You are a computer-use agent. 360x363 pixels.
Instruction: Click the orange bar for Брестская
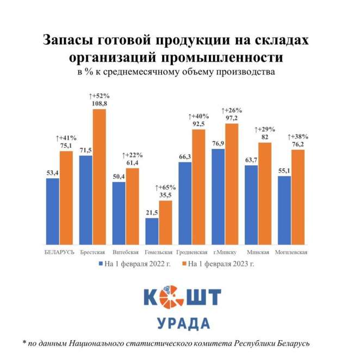click(x=99, y=177)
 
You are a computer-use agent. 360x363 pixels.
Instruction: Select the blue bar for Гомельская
click(x=152, y=231)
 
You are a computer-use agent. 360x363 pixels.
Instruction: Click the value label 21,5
click(x=152, y=212)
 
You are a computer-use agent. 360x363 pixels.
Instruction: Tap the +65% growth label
click(x=165, y=186)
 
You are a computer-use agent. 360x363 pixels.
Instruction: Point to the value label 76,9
click(x=218, y=142)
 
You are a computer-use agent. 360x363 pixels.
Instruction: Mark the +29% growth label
click(x=265, y=129)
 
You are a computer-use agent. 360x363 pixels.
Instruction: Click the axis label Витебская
click(x=125, y=252)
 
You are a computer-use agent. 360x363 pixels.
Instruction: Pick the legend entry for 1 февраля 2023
click(x=221, y=264)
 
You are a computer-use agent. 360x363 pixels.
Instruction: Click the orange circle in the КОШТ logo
click(x=172, y=297)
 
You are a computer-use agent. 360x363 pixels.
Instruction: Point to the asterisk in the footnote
click(x=24, y=343)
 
